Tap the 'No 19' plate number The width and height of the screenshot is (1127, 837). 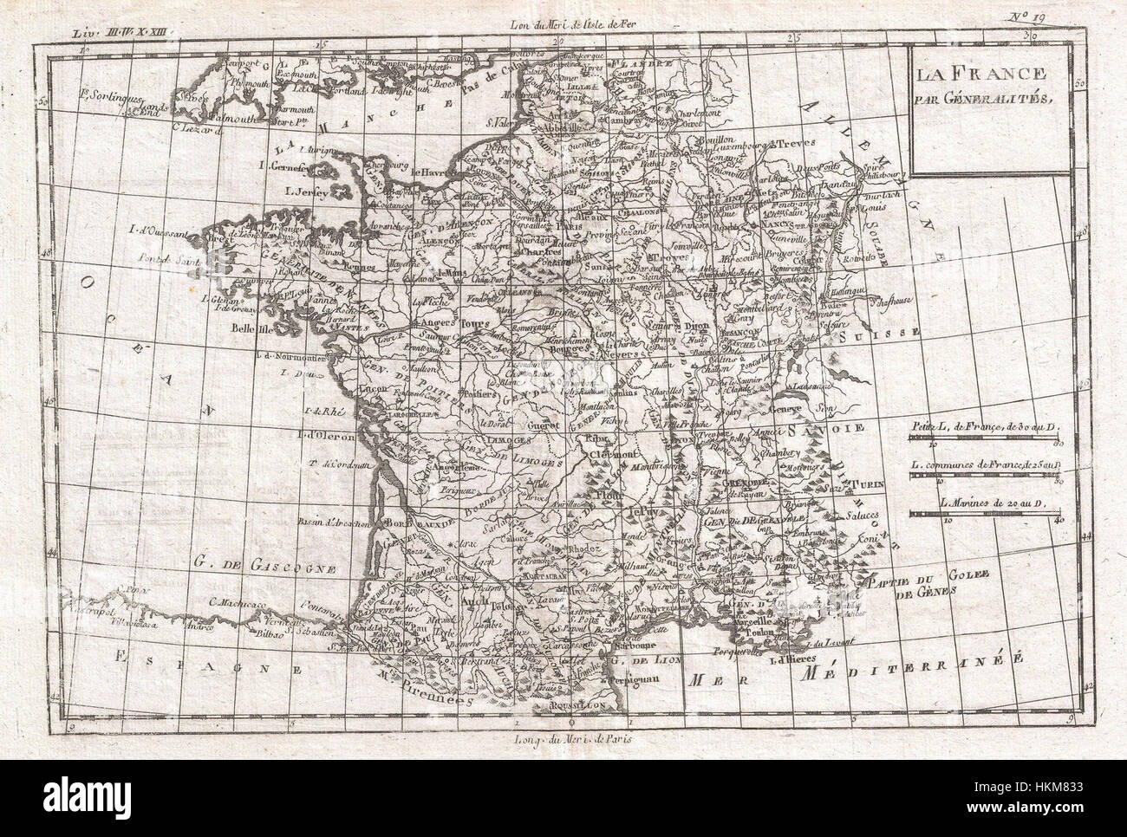pyautogui.click(x=1052, y=15)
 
